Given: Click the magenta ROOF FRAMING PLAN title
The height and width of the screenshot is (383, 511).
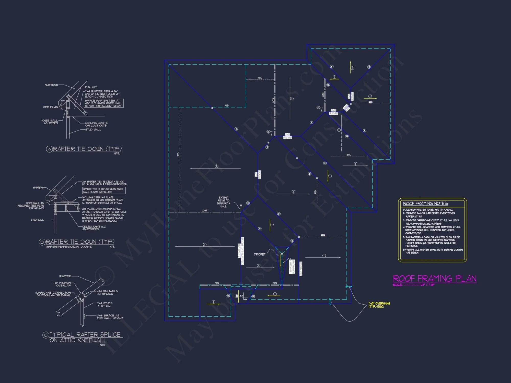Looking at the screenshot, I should [x=434, y=278].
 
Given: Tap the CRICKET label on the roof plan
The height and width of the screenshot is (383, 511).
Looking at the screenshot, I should [x=259, y=254].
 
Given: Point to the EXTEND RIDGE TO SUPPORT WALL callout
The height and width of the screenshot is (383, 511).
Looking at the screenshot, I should [x=223, y=202].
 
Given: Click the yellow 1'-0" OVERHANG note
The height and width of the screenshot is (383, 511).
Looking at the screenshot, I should [x=379, y=305].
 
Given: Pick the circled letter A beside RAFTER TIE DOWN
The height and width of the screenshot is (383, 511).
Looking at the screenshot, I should [x=49, y=149].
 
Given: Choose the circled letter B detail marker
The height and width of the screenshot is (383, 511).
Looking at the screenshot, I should [x=42, y=242].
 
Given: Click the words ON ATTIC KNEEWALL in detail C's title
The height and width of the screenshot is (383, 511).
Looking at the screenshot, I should [x=78, y=340].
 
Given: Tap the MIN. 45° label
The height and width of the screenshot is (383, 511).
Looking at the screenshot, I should [x=91, y=87].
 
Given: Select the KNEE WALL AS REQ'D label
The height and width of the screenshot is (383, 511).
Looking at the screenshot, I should [x=50, y=122].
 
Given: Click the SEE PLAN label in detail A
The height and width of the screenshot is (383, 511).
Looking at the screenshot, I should [x=51, y=107].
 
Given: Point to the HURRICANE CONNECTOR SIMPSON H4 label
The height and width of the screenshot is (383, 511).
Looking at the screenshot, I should [x=53, y=294].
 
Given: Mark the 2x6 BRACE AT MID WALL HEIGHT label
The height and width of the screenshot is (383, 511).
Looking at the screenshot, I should [x=110, y=317].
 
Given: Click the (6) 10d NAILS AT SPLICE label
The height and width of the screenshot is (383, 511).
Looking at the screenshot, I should [x=107, y=292].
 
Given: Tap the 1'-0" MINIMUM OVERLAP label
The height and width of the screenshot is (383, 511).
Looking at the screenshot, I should [x=61, y=284].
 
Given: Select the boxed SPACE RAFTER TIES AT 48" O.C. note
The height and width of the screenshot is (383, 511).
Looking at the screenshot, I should [x=104, y=103].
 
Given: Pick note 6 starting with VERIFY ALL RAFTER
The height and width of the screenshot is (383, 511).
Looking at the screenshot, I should [x=433, y=251].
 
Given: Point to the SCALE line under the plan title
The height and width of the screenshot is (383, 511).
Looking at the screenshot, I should [x=413, y=285].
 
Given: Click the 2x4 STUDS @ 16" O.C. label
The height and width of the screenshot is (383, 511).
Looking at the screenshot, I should [x=104, y=304].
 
